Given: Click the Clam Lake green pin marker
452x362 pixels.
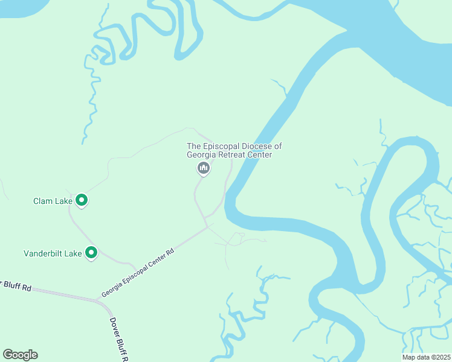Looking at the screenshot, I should (x=82, y=200).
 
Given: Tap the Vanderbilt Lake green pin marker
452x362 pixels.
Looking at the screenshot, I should (x=91, y=253).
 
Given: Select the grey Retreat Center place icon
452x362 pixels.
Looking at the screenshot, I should (x=204, y=168).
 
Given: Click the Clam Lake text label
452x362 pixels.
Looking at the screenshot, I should (x=53, y=201).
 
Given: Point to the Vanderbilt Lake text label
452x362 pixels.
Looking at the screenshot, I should (x=53, y=254).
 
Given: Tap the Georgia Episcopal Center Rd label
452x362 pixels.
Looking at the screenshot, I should (x=138, y=273).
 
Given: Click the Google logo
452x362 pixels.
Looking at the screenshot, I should (x=20, y=355).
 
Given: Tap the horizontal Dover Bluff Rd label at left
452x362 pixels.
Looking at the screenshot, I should (x=16, y=285).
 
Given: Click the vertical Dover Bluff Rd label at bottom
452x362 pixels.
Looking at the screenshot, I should (x=119, y=341).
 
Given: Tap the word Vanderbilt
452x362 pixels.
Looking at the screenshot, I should (x=43, y=254).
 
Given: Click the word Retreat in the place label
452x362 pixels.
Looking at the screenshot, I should (x=233, y=155).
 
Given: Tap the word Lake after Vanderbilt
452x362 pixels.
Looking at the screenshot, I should (x=73, y=254).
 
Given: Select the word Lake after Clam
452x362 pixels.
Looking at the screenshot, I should (x=63, y=201).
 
